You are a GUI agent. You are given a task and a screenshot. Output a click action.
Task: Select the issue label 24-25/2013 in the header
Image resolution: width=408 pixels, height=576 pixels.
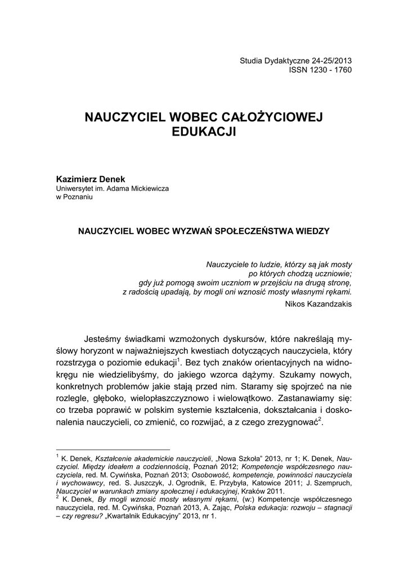(x=327, y=61)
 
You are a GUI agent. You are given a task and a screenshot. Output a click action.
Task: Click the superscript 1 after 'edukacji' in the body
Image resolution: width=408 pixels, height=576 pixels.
(x=178, y=358)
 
